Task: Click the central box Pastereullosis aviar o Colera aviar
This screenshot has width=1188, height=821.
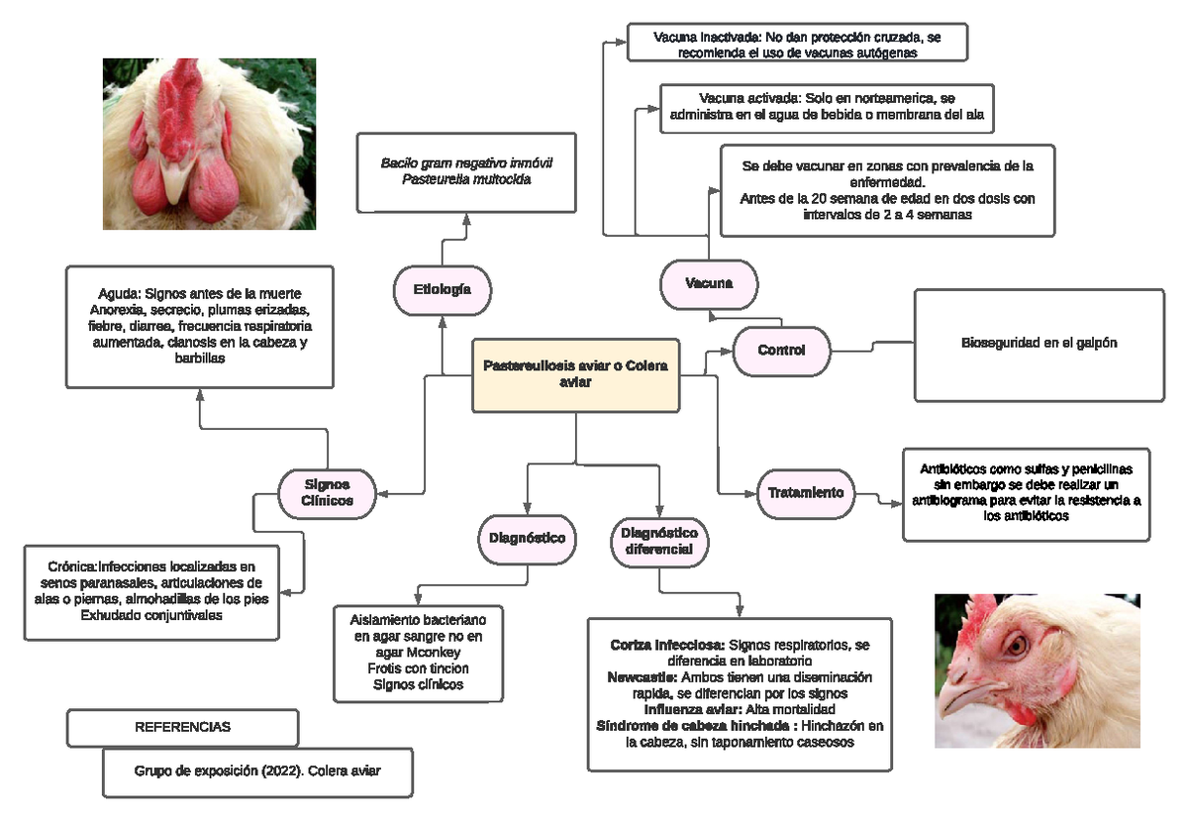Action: (x=576, y=374)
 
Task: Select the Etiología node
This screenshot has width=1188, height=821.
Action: (x=441, y=289)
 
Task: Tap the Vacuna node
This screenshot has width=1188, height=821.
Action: (x=709, y=284)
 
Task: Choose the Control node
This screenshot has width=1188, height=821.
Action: (x=781, y=351)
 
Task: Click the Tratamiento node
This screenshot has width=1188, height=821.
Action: (x=806, y=492)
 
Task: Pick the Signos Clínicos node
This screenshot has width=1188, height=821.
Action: (x=328, y=492)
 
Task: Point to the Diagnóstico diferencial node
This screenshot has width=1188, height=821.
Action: (x=659, y=541)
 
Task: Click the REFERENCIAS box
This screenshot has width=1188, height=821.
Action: (x=183, y=727)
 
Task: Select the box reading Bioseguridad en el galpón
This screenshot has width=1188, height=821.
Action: (x=1039, y=344)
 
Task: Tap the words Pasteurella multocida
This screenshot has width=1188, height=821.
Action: (x=466, y=180)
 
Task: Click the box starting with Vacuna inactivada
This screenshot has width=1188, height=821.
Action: (x=797, y=45)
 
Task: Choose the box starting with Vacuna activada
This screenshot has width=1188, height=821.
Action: (x=827, y=107)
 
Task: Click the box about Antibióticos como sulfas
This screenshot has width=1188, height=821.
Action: (x=1026, y=492)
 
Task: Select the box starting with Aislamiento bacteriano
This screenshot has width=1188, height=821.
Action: (x=419, y=652)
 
